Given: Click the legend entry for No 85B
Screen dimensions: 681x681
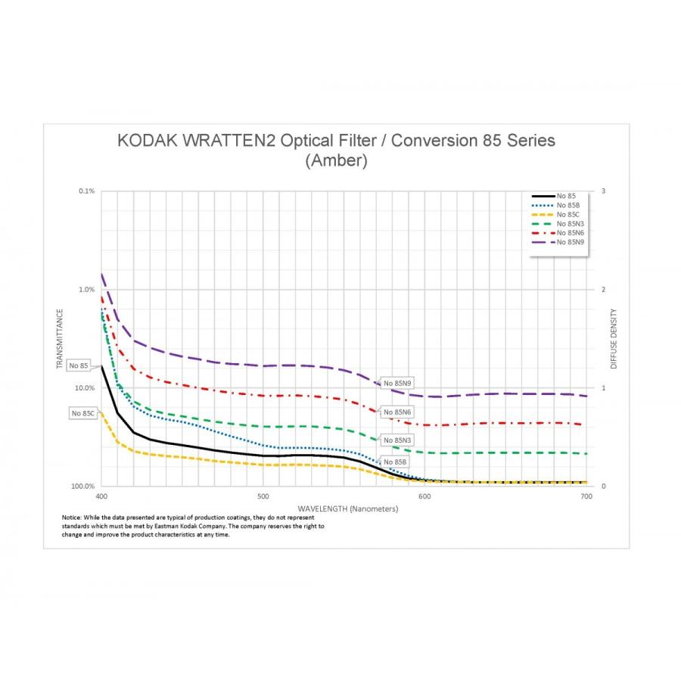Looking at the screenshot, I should point(567,205).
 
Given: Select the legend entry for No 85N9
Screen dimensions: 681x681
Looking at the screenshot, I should point(570,241).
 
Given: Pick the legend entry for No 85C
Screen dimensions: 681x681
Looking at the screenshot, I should point(567,214).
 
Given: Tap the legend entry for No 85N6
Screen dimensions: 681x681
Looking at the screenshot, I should point(570,232).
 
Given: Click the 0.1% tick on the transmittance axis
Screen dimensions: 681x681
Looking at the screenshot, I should point(87,191).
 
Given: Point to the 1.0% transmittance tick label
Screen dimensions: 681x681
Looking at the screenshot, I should point(87,290).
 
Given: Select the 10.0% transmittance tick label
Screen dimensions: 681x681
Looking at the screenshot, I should point(86,388).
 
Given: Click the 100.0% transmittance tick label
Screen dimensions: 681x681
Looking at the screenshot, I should point(84,487).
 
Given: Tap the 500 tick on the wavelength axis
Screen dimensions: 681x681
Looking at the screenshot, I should point(263,497).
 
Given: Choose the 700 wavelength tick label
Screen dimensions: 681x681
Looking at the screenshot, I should point(585,497).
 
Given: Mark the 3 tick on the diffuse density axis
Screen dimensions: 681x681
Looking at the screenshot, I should point(602,191).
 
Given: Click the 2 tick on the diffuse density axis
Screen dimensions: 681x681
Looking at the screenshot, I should point(602,290).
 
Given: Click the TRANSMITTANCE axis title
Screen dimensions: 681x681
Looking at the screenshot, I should point(59,339).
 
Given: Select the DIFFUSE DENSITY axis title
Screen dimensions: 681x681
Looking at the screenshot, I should point(614,339).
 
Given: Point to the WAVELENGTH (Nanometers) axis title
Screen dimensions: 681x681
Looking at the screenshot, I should point(347,508).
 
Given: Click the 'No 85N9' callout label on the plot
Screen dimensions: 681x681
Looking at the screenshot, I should point(397,384).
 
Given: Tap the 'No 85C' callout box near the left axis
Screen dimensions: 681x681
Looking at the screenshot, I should point(83,413).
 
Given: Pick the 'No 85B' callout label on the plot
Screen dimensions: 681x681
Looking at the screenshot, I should point(395,462).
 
